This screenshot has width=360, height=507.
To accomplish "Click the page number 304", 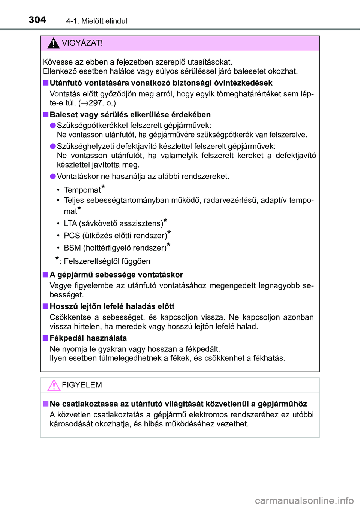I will (x=37, y=19).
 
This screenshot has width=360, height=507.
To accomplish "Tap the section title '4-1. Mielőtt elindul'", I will (x=96, y=21).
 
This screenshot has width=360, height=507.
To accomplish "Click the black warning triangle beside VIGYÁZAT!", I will (x=54, y=43).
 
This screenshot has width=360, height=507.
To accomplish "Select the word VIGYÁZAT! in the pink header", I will (x=82, y=43).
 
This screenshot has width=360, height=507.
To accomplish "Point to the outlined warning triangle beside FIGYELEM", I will (x=54, y=385).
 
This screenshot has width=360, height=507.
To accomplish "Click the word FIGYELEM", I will (x=82, y=385).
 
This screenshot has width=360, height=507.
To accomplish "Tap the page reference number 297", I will (x=96, y=103).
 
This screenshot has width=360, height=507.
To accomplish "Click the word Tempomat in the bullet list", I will (x=82, y=190).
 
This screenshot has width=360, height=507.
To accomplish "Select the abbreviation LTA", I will (x=70, y=223).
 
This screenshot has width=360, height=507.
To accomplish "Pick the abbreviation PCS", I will (x=72, y=235).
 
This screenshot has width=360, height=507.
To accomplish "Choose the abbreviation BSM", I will (x=72, y=248).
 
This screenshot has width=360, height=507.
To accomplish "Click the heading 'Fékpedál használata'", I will (x=88, y=338).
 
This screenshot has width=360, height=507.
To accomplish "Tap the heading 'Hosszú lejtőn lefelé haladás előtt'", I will (x=112, y=306).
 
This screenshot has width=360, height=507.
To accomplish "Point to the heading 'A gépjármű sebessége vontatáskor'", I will (x=116, y=274).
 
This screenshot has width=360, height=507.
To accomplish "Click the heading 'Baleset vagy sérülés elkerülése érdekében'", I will (x=130, y=115).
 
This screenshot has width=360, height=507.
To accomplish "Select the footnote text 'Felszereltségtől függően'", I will (x=107, y=261).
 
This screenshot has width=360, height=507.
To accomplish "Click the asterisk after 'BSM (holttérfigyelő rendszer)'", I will (x=169, y=246).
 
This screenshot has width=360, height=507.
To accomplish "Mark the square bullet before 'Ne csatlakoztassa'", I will (x=45, y=403).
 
